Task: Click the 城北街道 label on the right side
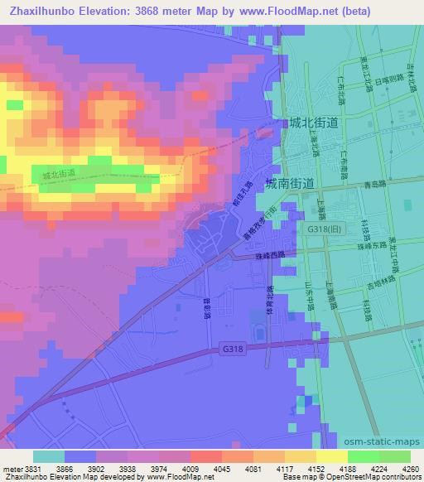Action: coord(315,123)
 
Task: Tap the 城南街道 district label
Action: coord(289,183)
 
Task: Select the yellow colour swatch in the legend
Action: coord(331,456)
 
